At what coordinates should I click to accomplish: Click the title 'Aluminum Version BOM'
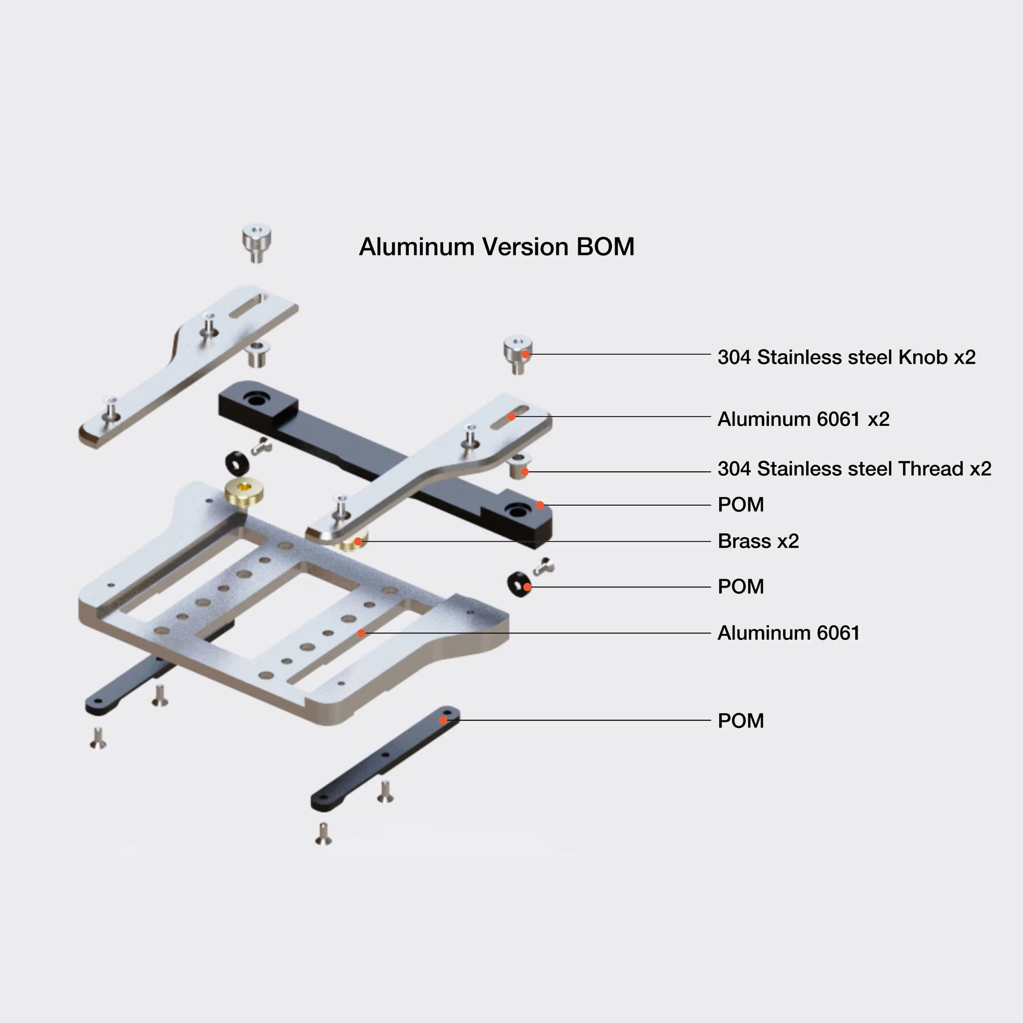(x=496, y=247)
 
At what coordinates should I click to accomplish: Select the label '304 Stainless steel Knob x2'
(x=846, y=357)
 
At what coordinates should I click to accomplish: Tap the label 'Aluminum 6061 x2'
(x=803, y=419)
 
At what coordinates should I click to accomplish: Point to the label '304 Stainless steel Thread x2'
(x=854, y=468)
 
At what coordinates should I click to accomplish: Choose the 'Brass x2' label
(x=758, y=541)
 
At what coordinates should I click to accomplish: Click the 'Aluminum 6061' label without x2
(x=788, y=633)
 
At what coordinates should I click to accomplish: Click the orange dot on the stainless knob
(x=525, y=354)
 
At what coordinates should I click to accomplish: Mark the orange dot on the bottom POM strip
(x=443, y=720)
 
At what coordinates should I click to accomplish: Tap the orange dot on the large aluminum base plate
(x=361, y=633)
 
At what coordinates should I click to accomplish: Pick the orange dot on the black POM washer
(x=527, y=587)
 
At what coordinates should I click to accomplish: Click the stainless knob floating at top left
(x=257, y=242)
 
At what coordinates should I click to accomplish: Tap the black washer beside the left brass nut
(x=237, y=463)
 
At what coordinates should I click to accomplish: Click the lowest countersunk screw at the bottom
(x=323, y=834)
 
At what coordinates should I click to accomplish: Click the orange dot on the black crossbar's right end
(x=539, y=505)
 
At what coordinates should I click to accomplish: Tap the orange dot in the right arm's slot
(x=511, y=417)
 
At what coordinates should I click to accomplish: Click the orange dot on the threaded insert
(x=524, y=471)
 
